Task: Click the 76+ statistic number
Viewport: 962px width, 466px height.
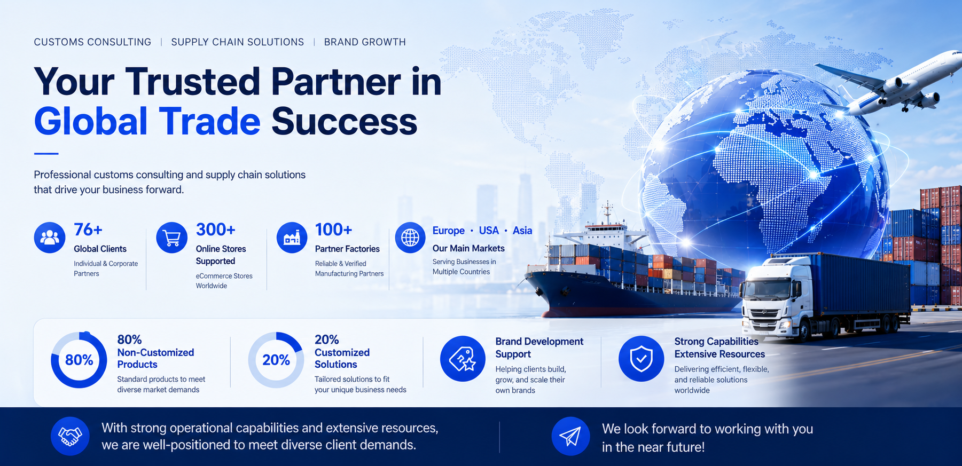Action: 88,230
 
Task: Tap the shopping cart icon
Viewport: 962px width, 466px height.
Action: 171,238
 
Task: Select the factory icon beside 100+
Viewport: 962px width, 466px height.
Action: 292,238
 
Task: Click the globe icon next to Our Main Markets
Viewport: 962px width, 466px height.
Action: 410,238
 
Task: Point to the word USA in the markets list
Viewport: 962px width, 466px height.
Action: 489,231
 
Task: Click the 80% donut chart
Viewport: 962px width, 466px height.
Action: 79,360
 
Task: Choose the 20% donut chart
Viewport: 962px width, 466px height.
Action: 276,360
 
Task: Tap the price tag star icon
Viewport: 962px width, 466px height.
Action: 463,359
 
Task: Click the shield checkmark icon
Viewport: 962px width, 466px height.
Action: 641,359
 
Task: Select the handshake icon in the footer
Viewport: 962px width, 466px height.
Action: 70,436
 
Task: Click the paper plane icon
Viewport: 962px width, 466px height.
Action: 570,436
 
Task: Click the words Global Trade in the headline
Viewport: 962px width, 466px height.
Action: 147,122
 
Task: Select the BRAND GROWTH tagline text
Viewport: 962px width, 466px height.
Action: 365,42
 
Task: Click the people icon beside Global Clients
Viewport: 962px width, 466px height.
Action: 50,238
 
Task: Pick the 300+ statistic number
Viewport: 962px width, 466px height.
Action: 215,230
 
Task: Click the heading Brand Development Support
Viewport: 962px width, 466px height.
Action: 539,347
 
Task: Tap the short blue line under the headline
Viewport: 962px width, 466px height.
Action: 46,154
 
